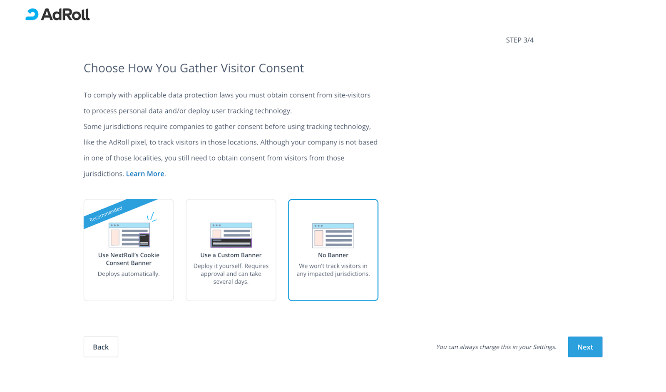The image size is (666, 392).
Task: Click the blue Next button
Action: [585, 347]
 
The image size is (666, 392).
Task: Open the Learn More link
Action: [145, 174]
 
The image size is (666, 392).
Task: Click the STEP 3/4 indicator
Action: [520, 40]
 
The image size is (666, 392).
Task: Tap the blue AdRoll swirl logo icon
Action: [32, 14]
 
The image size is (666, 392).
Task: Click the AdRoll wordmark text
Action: [65, 14]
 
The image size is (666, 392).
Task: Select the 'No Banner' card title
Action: [333, 255]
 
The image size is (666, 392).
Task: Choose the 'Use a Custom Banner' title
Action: [231, 255]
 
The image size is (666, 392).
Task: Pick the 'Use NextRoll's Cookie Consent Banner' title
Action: [129, 259]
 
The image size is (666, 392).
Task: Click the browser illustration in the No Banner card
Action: [333, 236]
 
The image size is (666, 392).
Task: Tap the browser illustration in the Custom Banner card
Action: [231, 235]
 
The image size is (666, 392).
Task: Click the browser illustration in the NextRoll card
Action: [129, 235]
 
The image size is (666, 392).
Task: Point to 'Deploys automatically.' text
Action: [129, 274]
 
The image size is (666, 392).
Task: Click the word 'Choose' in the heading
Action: [104, 68]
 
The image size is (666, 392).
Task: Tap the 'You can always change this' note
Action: [496, 347]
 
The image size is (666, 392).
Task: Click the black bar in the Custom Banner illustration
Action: [231, 243]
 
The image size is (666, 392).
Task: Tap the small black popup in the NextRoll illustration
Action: [144, 240]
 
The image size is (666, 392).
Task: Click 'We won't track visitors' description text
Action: [333, 270]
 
